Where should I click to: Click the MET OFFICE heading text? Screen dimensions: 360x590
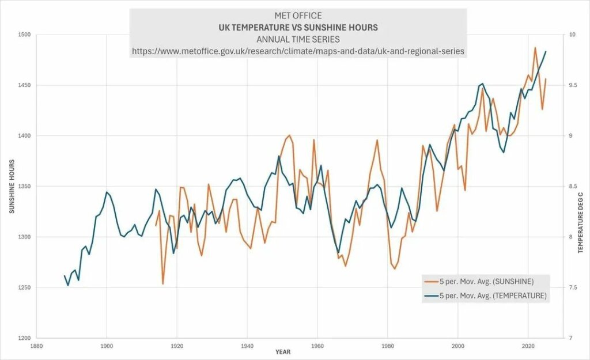click(x=298, y=16)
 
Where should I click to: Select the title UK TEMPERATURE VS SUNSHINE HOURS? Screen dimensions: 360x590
click(x=298, y=27)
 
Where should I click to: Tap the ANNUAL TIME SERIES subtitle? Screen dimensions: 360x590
click(x=298, y=39)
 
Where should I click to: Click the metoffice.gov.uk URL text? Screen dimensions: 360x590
click(x=298, y=51)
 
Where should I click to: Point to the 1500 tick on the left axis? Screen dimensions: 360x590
click(x=24, y=35)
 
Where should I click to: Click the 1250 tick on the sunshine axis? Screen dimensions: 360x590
click(x=24, y=287)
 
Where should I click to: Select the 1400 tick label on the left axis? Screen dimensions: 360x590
click(x=24, y=136)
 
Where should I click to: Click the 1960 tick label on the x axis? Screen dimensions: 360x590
click(x=317, y=346)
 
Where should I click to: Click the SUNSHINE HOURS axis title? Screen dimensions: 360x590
click(x=12, y=186)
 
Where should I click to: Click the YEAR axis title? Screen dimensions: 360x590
click(x=283, y=351)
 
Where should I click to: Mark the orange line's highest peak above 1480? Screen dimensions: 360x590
click(x=535, y=48)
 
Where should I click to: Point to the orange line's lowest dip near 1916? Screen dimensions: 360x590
click(x=163, y=283)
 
